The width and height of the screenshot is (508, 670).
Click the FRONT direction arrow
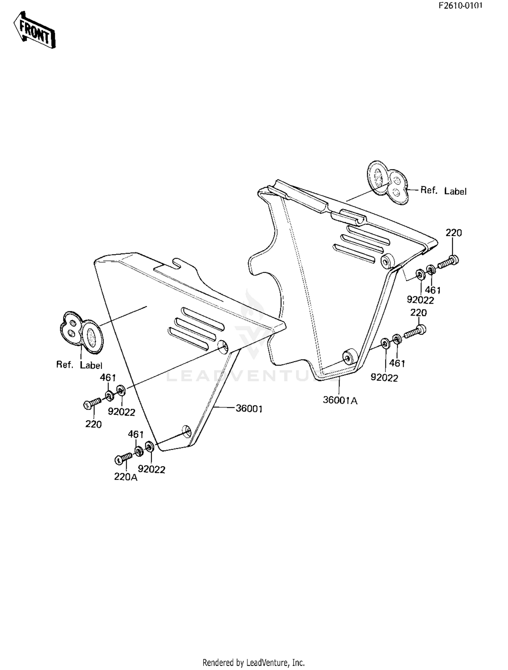[x=34, y=30]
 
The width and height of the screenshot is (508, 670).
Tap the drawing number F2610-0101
[x=461, y=5]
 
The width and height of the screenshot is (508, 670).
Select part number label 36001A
[x=340, y=400]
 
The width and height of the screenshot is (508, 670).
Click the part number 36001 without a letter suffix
[x=249, y=409]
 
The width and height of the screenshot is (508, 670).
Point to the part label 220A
[x=126, y=477]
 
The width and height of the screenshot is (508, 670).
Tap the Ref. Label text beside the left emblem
[x=79, y=365]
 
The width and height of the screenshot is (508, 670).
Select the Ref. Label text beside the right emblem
[x=443, y=191]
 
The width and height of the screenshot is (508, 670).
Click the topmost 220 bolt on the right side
[x=448, y=262]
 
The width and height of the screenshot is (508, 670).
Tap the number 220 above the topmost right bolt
[x=453, y=233]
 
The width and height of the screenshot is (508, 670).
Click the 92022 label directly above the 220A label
[x=151, y=469]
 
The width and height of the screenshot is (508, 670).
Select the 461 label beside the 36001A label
[x=397, y=363]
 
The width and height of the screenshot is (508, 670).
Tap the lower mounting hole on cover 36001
[x=187, y=431]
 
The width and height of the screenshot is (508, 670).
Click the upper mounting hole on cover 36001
[x=223, y=347]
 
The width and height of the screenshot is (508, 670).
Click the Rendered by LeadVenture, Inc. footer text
[x=254, y=662]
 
